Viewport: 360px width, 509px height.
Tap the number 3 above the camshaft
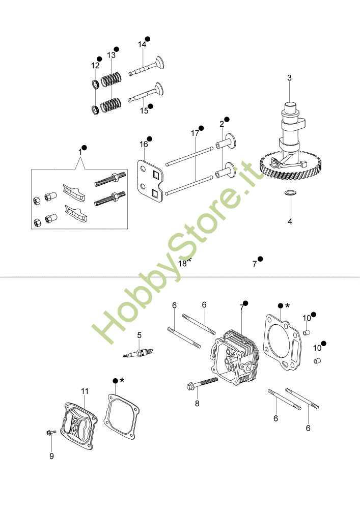(x=289, y=78)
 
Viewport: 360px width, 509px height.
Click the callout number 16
(x=144, y=145)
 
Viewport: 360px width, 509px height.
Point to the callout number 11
(x=85, y=391)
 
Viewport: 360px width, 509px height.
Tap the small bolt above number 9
(x=49, y=433)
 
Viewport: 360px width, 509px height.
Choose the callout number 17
(x=195, y=133)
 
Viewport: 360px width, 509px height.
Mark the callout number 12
(x=95, y=66)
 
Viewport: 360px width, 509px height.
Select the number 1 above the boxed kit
(x=80, y=152)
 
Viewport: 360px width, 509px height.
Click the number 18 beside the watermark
(x=183, y=263)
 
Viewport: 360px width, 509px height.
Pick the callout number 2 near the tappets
(x=222, y=124)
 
